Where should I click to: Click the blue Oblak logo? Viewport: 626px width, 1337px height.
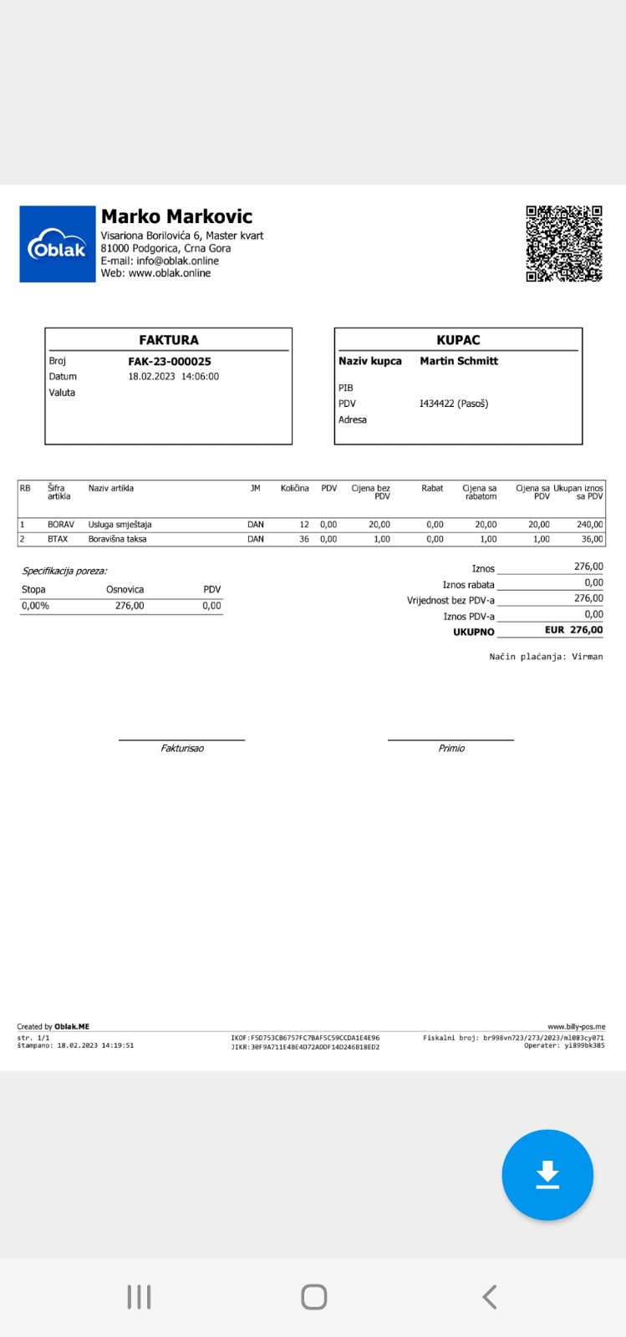click(58, 244)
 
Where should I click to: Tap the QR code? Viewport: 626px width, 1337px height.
click(564, 244)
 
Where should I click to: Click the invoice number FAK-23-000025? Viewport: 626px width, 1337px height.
click(170, 362)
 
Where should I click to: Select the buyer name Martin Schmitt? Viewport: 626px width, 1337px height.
click(459, 361)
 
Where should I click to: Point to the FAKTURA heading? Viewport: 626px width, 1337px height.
click(169, 340)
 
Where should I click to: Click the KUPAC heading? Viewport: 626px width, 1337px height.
click(458, 340)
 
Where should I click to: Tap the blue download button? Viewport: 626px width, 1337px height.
click(547, 1174)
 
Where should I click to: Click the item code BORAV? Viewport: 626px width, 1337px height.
click(61, 525)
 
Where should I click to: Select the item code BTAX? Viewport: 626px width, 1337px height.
click(58, 539)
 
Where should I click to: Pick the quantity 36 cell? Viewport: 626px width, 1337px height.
click(303, 539)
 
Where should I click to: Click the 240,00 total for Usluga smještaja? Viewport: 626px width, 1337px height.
click(589, 525)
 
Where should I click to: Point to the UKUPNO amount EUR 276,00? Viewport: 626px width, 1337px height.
click(573, 630)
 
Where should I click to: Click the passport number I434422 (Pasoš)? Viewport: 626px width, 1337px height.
click(454, 404)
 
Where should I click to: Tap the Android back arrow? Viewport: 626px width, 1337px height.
click(490, 1297)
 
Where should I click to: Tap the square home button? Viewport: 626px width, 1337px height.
click(313, 1297)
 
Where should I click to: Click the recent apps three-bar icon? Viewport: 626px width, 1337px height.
click(139, 1297)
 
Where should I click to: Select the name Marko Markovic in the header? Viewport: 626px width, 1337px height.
click(176, 216)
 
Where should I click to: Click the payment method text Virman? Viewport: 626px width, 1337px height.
click(587, 657)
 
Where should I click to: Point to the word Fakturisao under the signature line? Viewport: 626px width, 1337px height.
click(182, 748)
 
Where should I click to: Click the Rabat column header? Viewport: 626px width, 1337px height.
click(432, 488)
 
